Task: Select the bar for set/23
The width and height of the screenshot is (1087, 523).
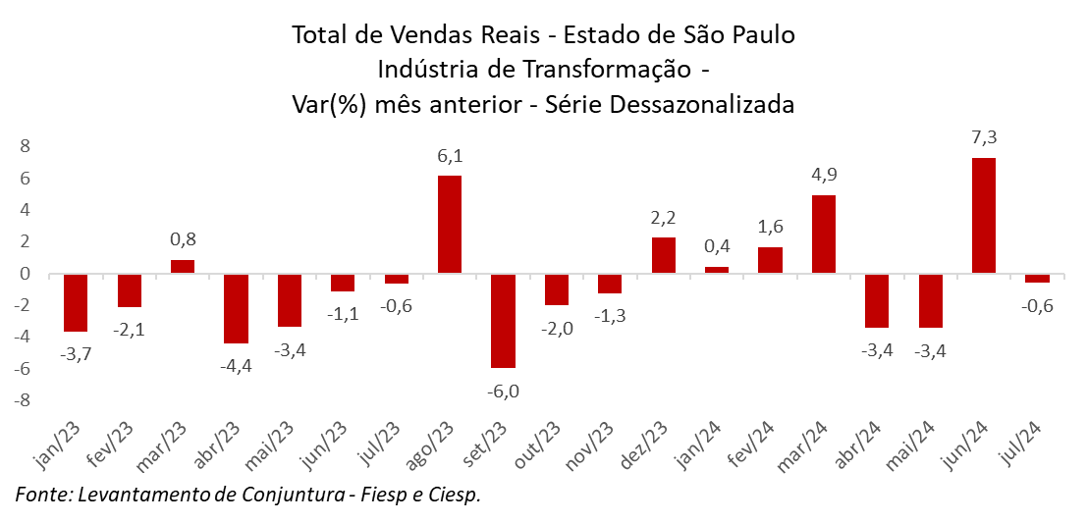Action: click(x=503, y=321)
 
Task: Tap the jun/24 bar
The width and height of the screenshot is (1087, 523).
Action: click(x=983, y=215)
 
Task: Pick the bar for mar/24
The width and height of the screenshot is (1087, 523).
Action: click(x=824, y=234)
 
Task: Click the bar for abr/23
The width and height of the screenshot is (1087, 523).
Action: click(x=236, y=308)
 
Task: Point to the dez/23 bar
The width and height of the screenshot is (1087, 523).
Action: click(x=663, y=255)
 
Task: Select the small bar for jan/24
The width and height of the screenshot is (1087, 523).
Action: click(x=717, y=269)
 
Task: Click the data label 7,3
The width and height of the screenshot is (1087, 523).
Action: click(x=983, y=137)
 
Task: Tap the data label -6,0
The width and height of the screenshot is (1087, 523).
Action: click(x=503, y=391)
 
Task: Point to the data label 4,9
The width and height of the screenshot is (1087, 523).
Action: click(x=824, y=175)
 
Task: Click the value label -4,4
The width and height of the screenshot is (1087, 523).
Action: click(x=236, y=366)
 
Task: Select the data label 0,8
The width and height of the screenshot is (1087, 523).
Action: click(x=183, y=239)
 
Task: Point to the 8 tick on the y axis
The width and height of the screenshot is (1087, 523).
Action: click(x=27, y=146)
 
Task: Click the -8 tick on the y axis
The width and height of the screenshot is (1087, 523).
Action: click(x=24, y=400)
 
